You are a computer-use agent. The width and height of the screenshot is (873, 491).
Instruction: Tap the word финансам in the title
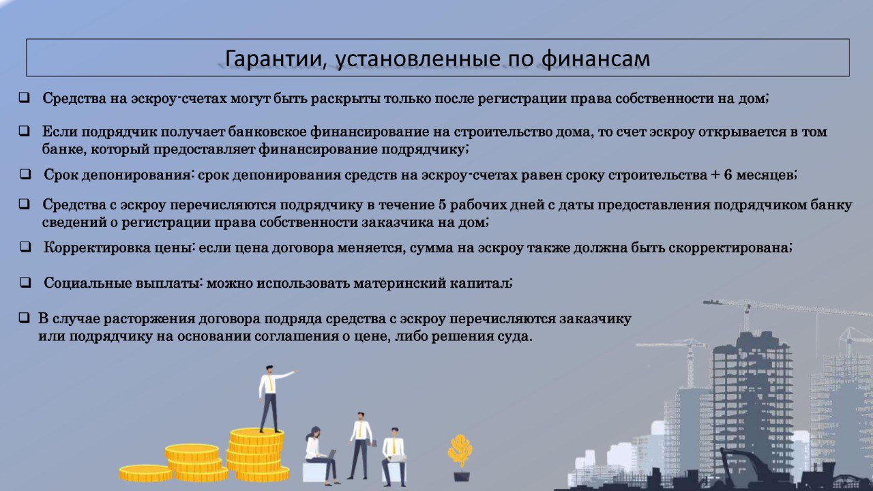(596, 59)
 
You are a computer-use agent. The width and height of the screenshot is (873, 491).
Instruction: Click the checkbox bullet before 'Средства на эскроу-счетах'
(24, 98)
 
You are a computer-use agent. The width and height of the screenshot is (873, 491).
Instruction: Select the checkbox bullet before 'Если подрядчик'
(24, 130)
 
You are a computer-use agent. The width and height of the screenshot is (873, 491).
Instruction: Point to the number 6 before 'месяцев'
(728, 175)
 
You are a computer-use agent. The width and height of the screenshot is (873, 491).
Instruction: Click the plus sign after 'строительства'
(715, 175)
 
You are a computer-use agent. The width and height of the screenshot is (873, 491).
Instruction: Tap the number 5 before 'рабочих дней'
(443, 205)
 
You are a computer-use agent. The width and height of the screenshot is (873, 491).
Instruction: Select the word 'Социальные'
(88, 283)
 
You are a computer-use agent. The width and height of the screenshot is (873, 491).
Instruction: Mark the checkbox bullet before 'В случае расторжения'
(24, 318)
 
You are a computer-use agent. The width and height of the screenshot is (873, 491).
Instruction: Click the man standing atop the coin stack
(272, 399)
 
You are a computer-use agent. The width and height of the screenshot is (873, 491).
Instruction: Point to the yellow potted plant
(460, 458)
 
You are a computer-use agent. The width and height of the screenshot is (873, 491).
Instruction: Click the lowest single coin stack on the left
(146, 473)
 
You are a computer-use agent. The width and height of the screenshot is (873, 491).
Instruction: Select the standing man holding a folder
(361, 445)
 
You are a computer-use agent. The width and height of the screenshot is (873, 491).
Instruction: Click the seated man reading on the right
(394, 457)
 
